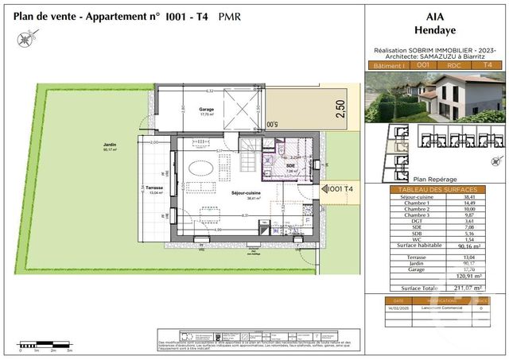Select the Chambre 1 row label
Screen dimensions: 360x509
(415, 205)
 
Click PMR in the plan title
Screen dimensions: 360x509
(230, 15)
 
